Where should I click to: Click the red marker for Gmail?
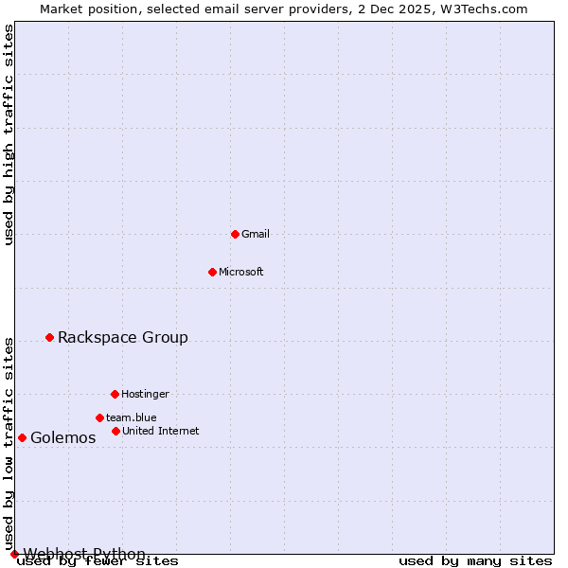point(235,234)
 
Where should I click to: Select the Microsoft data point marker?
point(212,272)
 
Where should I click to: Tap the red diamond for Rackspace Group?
point(49,337)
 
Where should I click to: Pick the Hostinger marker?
point(115,394)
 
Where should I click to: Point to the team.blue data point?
point(99,417)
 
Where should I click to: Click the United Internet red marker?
point(115,431)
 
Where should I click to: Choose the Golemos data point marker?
point(22,437)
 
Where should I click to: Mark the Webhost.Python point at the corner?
point(14,554)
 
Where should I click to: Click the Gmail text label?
point(256,234)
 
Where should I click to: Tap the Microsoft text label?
point(241,272)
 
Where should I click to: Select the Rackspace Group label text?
point(123,337)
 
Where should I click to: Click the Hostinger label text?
point(145,394)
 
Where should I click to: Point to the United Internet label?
point(161,431)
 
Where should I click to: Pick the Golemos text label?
point(63,437)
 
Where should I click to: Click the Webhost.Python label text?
point(84,554)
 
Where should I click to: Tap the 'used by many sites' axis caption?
point(475,561)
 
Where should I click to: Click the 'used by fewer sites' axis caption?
point(98,561)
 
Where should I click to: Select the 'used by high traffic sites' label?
point(9,134)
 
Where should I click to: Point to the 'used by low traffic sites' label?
point(9,443)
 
